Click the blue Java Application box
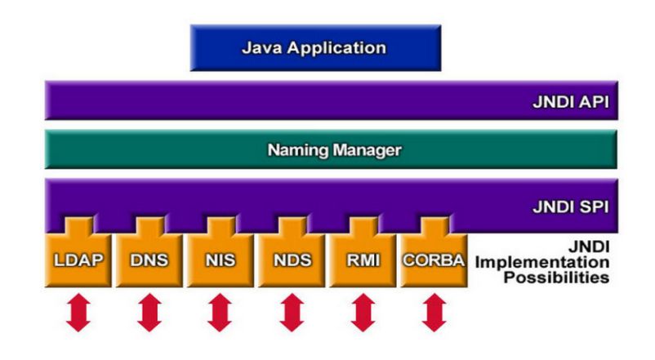pos(314,47)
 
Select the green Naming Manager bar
pos(331,150)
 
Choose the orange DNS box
pos(149,261)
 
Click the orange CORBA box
pos(433,261)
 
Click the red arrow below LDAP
pos(78,314)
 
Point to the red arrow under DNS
pos(149,314)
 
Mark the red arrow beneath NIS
pos(220,314)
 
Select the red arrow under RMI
pos(362,314)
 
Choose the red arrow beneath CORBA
pos(433,314)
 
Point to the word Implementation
pos(542,263)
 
